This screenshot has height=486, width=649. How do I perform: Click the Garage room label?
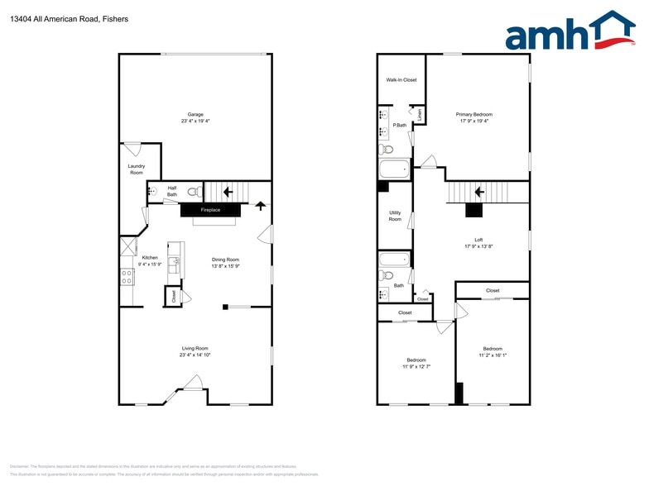tap(195, 114)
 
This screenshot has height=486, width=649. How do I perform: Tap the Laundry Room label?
tap(137, 169)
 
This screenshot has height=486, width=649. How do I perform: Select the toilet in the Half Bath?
tap(193, 192)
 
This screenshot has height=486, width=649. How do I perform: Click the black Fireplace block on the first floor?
tap(211, 210)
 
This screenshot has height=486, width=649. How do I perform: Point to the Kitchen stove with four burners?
tap(127, 277)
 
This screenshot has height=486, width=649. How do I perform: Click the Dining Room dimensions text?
tap(225, 266)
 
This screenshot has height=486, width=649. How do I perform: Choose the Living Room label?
tap(195, 348)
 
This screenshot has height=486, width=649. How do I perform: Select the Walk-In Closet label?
tap(401, 80)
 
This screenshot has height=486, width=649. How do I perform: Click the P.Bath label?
tap(399, 125)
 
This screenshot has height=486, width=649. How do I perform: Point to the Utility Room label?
tap(395, 216)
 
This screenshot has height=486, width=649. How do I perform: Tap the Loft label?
tap(478, 240)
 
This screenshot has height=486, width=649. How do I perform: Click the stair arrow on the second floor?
tap(478, 193)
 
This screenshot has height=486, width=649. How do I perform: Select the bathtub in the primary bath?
tap(394, 169)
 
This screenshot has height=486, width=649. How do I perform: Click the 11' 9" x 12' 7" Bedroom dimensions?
tap(416, 366)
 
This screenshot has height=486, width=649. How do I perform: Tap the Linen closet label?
tap(420, 114)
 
